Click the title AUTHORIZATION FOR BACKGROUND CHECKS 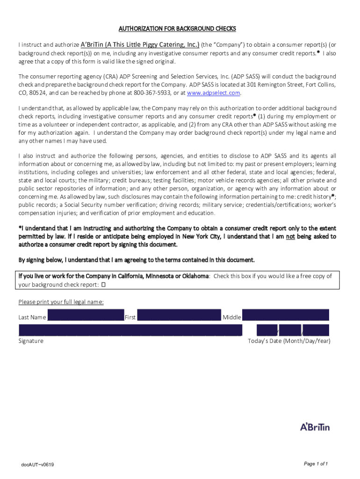coord(177,29)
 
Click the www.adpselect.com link coord(213,93)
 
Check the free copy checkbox coord(104,284)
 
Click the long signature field coord(130,330)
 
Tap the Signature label coord(31,341)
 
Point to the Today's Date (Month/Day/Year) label coord(289,341)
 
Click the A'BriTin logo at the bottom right coord(315,427)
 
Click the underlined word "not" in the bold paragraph coord(290,237)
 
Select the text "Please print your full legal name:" coord(61,302)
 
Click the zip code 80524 coord(37,93)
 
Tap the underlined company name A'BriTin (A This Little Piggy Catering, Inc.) coord(140,45)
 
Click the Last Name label coord(32,318)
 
